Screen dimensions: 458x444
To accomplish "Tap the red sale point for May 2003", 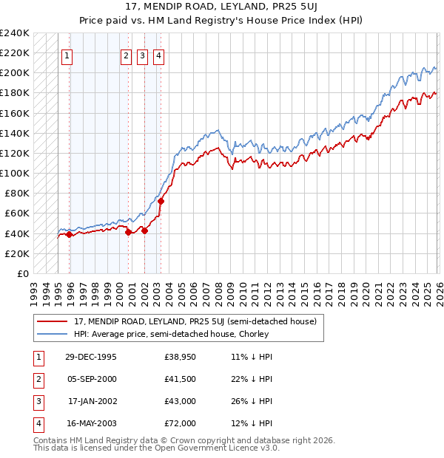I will (161, 201).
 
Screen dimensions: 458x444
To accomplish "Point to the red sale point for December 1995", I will (70, 234).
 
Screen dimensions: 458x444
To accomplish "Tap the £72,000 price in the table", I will (180, 423).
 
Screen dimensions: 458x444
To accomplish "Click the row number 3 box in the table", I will (37, 402).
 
